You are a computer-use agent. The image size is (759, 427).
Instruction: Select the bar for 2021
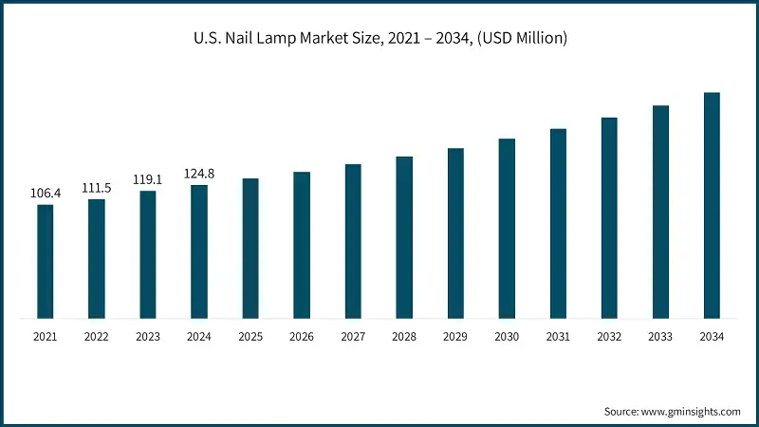point(46,261)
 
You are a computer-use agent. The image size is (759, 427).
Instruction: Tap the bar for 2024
point(199,251)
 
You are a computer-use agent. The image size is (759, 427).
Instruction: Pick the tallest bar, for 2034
point(712,205)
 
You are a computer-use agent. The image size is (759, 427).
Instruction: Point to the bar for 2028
point(404,237)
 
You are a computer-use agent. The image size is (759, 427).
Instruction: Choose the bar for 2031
point(558,223)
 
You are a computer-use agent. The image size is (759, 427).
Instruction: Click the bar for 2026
point(302,245)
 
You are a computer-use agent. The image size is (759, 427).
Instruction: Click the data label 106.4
point(46,194)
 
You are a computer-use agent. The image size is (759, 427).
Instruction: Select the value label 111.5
point(96,188)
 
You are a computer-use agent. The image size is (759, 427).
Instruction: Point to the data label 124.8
point(198,174)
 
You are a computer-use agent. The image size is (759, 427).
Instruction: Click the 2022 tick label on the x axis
point(97,337)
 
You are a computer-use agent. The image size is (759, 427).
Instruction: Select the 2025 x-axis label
point(250,337)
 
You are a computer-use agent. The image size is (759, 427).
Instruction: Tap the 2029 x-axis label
point(455,337)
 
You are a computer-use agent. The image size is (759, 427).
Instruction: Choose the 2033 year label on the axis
point(660,337)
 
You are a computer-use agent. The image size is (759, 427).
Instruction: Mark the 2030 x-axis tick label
point(507,337)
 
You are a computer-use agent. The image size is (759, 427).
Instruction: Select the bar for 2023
point(148,254)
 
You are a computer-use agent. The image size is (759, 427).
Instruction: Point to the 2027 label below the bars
point(353,337)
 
